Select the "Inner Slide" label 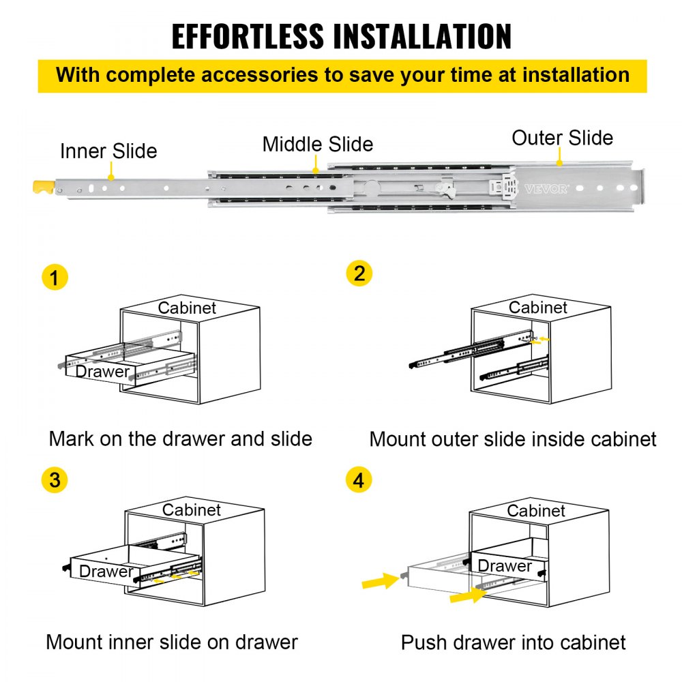point(108,151)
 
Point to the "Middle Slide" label point(318,145)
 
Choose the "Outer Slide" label point(562,138)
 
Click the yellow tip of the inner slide point(42,186)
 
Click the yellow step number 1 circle point(55,278)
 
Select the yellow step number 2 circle point(359,273)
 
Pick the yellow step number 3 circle point(55,479)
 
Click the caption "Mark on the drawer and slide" point(180,438)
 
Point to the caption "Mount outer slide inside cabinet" point(513,439)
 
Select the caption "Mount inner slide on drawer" point(172,642)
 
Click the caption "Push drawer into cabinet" point(513,642)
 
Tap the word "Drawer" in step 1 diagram point(102,372)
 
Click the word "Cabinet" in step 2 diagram point(538,308)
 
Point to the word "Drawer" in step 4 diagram point(505,566)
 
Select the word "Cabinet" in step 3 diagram point(192,510)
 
